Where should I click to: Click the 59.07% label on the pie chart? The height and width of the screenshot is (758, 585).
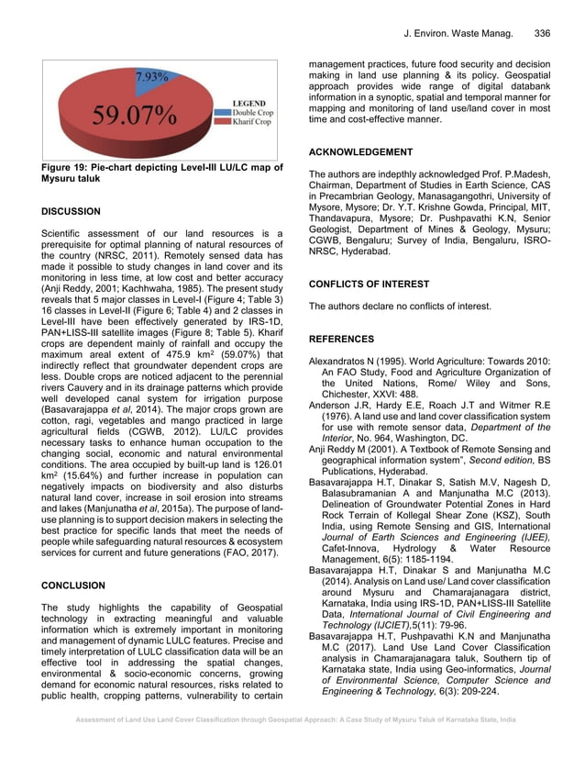coord(134,117)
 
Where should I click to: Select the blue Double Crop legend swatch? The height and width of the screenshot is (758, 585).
coord(218,112)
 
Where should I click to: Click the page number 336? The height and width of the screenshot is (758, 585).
coord(542,34)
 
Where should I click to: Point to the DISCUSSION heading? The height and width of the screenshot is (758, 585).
coord(72,211)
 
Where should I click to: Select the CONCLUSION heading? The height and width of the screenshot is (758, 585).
coord(72,585)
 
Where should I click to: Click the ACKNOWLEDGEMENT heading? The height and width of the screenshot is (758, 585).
coord(360,151)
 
